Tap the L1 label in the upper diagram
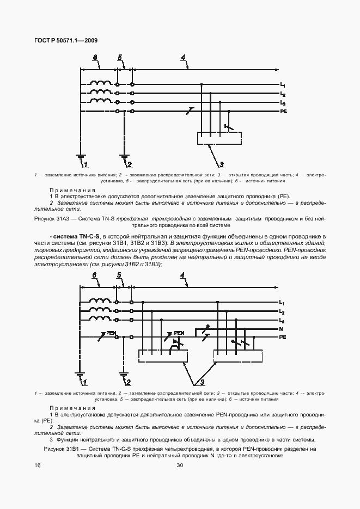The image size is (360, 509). (283, 85)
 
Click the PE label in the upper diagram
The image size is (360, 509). (283, 111)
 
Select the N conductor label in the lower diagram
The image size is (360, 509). (282, 329)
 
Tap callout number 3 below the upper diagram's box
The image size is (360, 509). (222, 164)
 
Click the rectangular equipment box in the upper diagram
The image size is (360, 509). (219, 139)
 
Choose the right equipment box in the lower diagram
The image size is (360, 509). (238, 356)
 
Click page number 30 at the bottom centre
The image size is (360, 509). (180, 465)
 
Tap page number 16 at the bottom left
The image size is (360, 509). (37, 465)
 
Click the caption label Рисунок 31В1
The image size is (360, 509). (61, 449)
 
